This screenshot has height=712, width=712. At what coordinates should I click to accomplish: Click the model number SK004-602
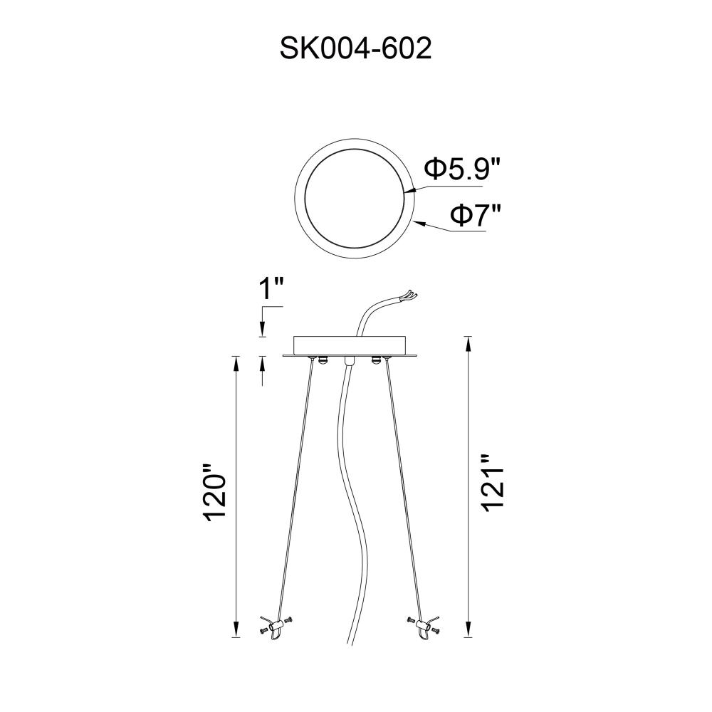pyautogui.click(x=355, y=48)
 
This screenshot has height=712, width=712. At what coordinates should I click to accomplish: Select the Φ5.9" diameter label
pyautogui.click(x=462, y=169)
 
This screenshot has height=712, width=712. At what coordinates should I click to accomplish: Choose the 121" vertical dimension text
pyautogui.click(x=492, y=483)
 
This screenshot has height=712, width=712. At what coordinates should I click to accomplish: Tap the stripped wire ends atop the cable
pyautogui.click(x=408, y=295)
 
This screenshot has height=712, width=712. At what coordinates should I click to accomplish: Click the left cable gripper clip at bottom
pyautogui.click(x=276, y=628)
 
